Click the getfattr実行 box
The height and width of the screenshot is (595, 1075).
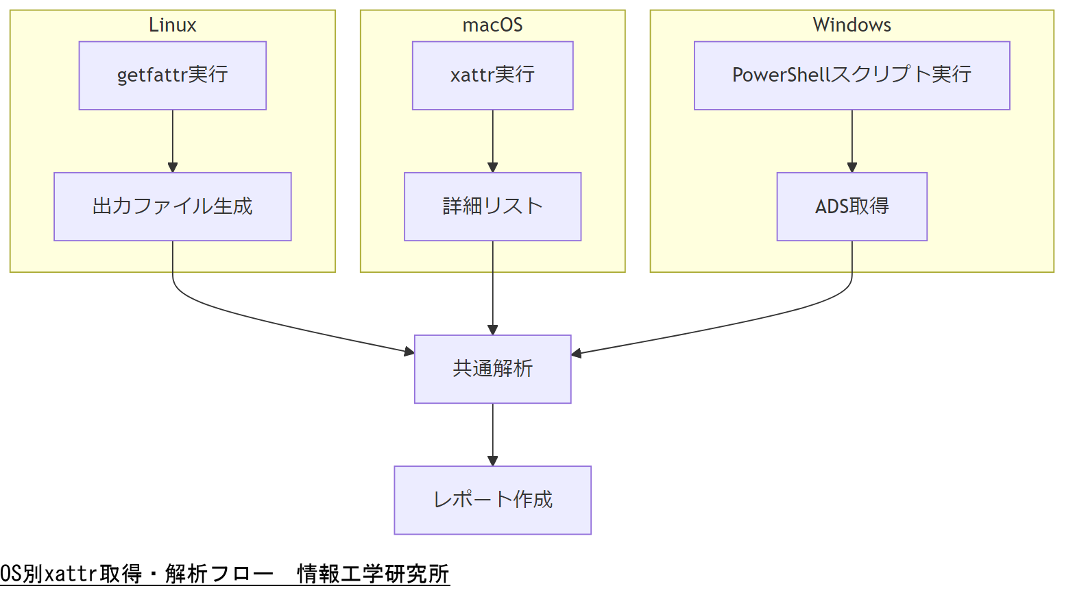click(x=172, y=75)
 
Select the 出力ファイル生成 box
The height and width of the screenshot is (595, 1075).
click(x=172, y=206)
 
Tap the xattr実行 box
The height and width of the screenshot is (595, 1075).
click(x=492, y=75)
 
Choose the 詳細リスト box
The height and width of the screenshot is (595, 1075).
click(x=492, y=206)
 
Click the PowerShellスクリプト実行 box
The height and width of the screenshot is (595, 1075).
click(x=851, y=75)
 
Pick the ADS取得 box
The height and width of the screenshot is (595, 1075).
click(x=851, y=206)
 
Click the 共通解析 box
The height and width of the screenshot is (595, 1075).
click(x=492, y=369)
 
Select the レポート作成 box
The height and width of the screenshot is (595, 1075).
click(x=492, y=500)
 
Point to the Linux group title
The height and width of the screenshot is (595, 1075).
click(x=172, y=25)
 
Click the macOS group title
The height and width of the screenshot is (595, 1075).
click(x=492, y=25)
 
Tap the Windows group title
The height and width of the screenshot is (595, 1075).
click(x=851, y=25)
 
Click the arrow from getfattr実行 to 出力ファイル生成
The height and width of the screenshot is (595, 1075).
click(x=173, y=141)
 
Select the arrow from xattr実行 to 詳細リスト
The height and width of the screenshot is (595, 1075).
click(x=492, y=141)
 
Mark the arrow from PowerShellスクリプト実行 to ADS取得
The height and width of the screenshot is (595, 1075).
click(x=851, y=141)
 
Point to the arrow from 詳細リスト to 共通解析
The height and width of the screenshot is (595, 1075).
click(x=492, y=288)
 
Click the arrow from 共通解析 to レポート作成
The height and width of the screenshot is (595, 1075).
click(x=492, y=435)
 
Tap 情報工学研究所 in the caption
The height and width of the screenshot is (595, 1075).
click(x=373, y=574)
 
